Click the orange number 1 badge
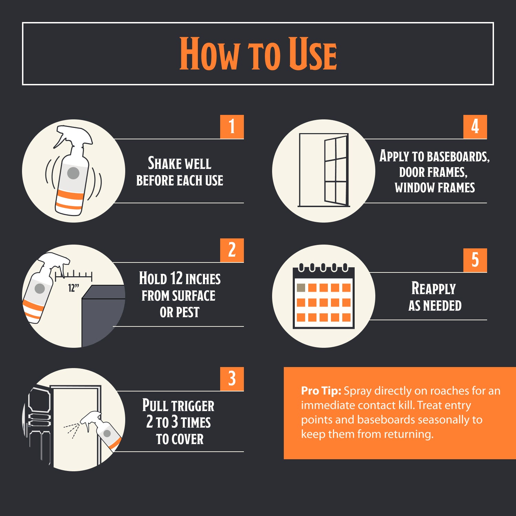(232, 127)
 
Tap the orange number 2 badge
(232, 250)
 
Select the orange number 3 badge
(232, 379)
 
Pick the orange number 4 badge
(475, 127)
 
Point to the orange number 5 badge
(475, 260)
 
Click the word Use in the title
(312, 54)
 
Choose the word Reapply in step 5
(433, 288)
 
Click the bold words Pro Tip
(321, 391)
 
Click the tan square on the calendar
(301, 288)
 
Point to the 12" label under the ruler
(73, 288)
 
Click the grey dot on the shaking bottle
(73, 173)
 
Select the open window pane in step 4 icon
(336, 171)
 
